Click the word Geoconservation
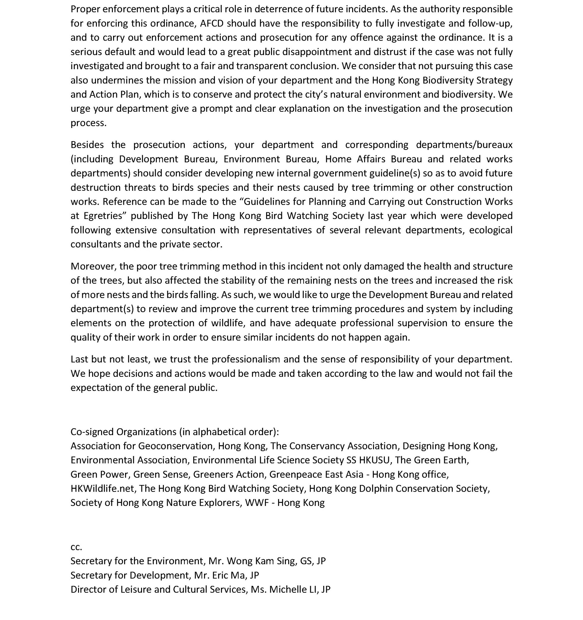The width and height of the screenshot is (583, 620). tap(176, 446)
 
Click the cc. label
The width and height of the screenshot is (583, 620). tap(76, 547)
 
